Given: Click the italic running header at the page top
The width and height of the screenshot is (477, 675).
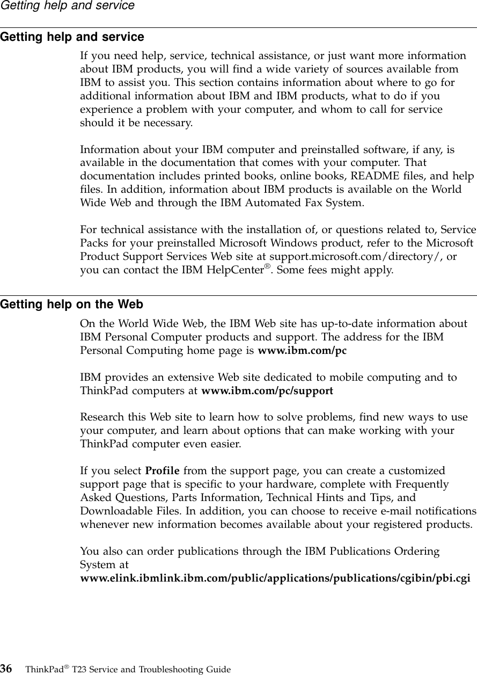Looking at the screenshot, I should (x=67, y=6).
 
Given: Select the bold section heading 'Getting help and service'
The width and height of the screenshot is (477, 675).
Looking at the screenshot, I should (x=72, y=37).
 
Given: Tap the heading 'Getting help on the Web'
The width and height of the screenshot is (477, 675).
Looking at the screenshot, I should (x=71, y=305).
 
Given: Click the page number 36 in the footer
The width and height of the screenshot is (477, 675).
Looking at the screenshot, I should (x=7, y=669).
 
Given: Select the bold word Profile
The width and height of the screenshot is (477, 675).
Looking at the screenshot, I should (x=163, y=471).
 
